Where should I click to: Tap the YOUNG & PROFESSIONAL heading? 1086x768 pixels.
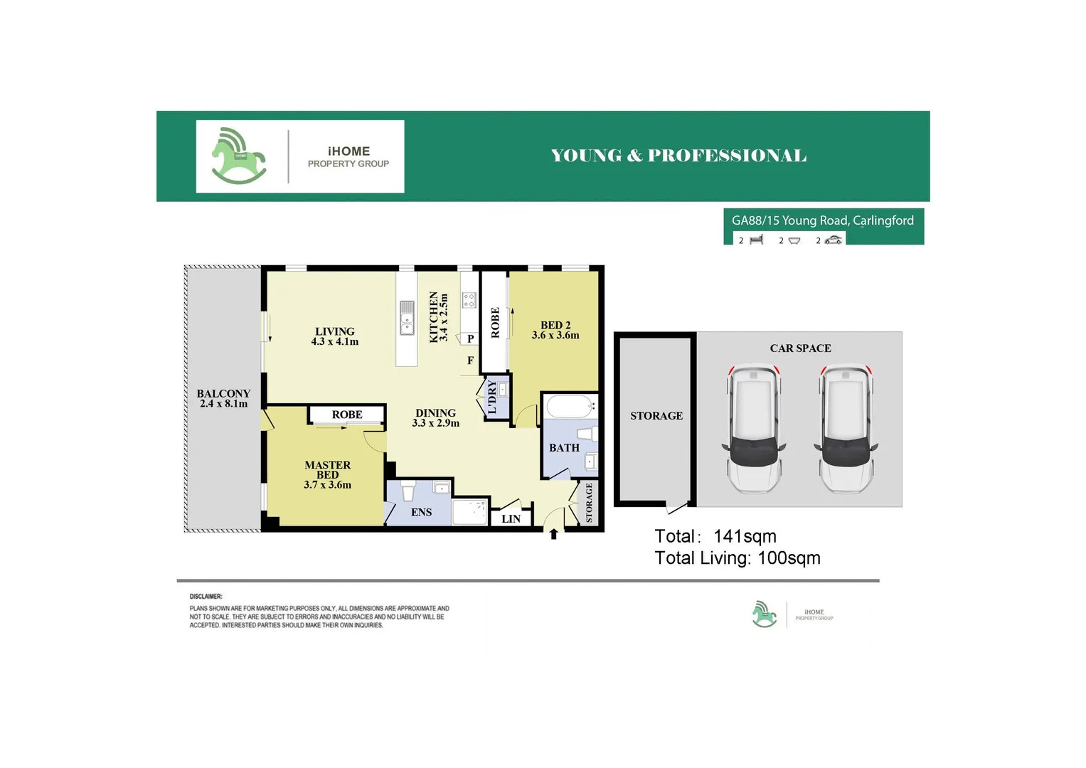click(678, 156)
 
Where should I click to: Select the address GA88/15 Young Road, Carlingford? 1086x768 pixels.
click(822, 220)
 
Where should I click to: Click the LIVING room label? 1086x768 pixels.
click(334, 331)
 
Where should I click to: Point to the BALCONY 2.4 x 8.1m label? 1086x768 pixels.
click(223, 398)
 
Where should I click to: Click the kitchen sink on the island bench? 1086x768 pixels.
click(407, 318)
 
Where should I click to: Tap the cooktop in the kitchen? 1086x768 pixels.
click(469, 300)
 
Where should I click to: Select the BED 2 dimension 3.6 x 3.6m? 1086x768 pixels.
click(555, 336)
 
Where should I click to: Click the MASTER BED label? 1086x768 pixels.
click(327, 470)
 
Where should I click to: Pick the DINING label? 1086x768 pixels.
click(435, 413)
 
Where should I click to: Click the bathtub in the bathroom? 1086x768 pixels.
click(569, 407)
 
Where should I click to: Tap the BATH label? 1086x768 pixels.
click(564, 448)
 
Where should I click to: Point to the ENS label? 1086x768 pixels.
click(421, 512)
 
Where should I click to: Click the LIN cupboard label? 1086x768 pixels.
click(511, 519)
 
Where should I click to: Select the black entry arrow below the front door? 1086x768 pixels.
click(553, 534)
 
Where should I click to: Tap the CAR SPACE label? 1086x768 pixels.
click(800, 348)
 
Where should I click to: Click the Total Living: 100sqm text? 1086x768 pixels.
click(737, 558)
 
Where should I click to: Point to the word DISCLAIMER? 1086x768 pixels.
click(206, 597)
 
